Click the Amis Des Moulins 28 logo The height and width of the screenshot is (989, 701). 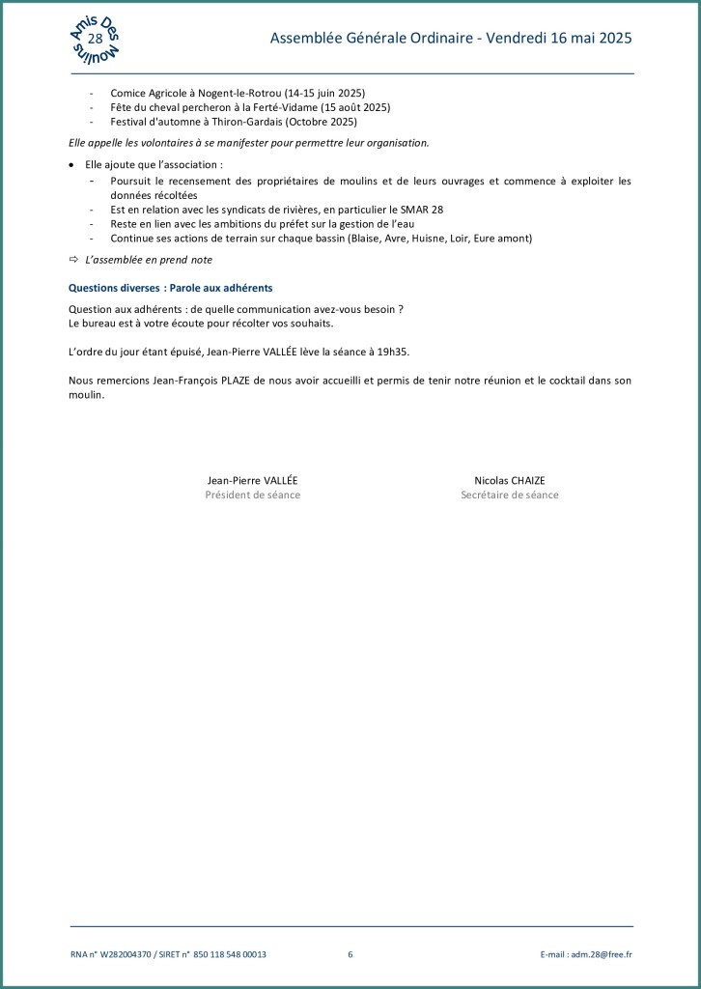96,39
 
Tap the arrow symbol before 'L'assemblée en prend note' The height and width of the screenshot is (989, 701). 73,260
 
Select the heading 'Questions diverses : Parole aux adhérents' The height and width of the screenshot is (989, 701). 170,288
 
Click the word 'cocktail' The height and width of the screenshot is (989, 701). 562,381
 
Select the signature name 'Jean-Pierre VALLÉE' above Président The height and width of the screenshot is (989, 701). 253,480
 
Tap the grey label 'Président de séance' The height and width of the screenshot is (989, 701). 253,495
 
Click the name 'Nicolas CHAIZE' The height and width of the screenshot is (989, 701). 510,480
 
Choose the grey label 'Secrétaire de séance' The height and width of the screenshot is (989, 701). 510,495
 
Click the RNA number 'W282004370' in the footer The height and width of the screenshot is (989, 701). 126,954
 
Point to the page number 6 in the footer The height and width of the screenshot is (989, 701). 350,954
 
